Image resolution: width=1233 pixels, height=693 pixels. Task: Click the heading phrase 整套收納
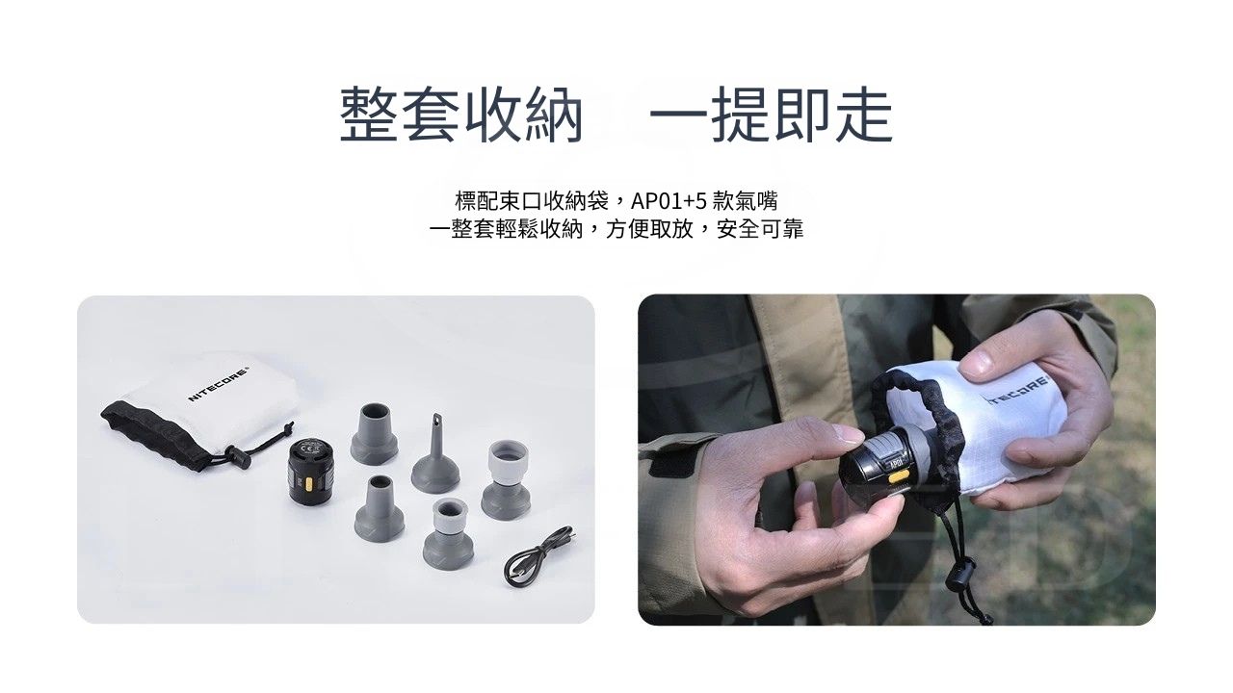coord(461,115)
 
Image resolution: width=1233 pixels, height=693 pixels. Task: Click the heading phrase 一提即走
coord(771,115)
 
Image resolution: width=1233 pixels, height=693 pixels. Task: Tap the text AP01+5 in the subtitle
coord(669,201)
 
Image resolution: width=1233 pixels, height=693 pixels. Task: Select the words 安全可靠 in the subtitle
coord(760,229)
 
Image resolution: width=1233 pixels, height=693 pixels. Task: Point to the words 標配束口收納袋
coord(532,201)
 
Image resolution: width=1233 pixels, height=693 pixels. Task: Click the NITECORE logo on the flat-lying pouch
coord(219,383)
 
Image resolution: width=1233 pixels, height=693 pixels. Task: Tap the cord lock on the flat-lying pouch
coord(238,456)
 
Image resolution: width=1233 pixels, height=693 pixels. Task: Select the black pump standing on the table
coord(309,471)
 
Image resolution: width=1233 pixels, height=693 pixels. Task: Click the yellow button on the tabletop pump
coord(309,484)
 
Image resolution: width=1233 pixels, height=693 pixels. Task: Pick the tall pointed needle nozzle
coord(434,453)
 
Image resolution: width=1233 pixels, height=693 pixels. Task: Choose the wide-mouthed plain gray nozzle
coord(375,434)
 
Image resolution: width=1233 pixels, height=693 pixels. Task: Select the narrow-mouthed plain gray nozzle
coord(379,508)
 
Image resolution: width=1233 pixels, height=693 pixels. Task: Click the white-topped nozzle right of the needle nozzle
coord(507,479)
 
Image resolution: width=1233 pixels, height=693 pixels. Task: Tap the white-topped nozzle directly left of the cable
coord(449,533)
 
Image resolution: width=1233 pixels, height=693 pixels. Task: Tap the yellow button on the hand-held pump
coord(897,475)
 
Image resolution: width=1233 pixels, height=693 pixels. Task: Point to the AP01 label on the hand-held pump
coord(896,461)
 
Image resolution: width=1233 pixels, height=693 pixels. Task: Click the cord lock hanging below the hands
coord(958,577)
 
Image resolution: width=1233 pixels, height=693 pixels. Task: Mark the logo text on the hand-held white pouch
coord(1018,392)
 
